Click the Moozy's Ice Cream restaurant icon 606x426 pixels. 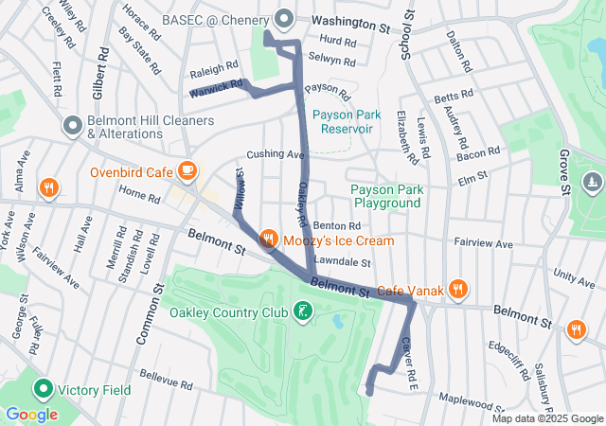click(269, 240)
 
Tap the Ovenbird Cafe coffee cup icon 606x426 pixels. click(187, 171)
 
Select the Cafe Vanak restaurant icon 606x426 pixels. click(458, 290)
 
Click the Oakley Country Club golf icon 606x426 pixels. click(301, 311)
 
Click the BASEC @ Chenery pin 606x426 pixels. click(283, 19)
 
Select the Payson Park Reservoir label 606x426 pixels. click(347, 121)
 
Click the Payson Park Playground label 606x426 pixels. click(385, 196)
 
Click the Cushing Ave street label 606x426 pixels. click(275, 154)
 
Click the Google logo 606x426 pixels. click(31, 414)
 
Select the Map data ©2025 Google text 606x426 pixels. click(546, 418)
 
